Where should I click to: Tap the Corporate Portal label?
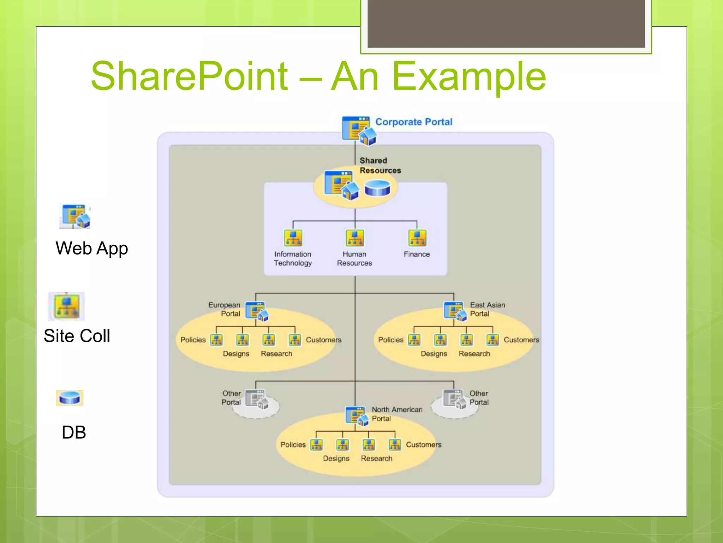tap(413, 122)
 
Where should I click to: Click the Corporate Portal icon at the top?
tap(358, 130)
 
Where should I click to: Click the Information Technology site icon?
tap(293, 238)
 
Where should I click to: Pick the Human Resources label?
tap(354, 258)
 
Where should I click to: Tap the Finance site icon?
tap(417, 238)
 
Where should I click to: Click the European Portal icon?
tap(256, 311)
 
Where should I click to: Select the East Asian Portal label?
tap(487, 309)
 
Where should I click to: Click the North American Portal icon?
tap(356, 416)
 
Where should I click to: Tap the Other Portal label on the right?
tap(479, 398)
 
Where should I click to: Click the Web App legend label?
tap(92, 248)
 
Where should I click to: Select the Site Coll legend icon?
tap(66, 306)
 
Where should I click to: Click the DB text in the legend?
tap(74, 432)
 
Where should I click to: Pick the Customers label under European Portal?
tap(323, 340)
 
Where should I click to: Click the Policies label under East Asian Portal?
tap(390, 340)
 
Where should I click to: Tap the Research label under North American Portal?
tap(376, 459)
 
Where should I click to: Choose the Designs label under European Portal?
tap(236, 354)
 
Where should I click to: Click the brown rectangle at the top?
tap(506, 23)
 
